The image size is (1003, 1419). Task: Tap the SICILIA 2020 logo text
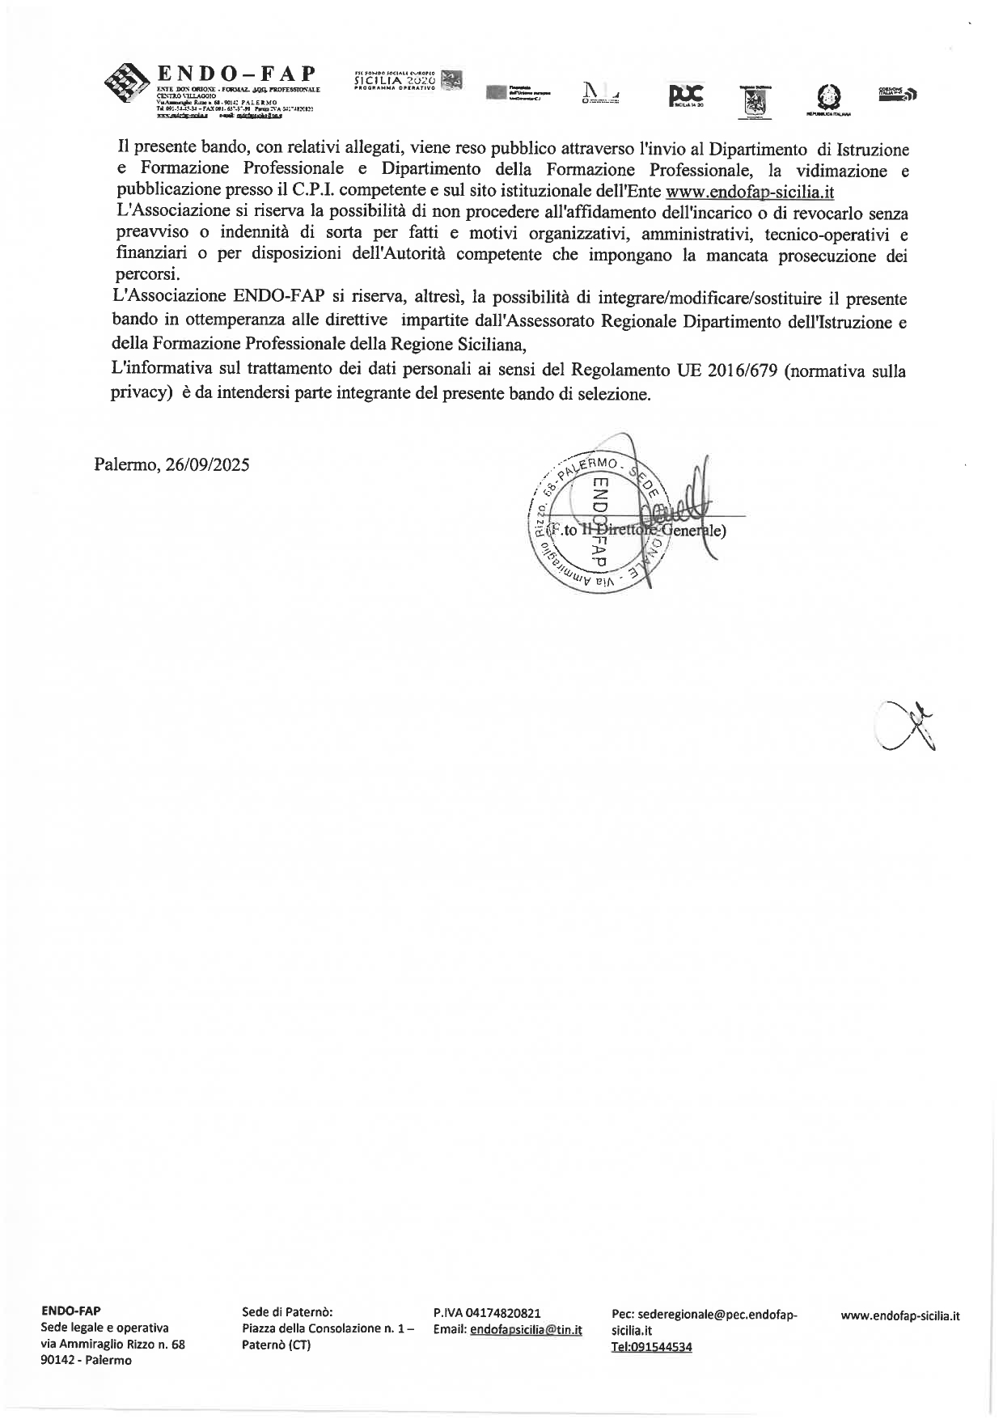pyautogui.click(x=396, y=81)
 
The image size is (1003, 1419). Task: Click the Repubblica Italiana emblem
pyautogui.click(x=828, y=98)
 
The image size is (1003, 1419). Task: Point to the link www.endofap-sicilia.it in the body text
pyautogui.click(x=749, y=193)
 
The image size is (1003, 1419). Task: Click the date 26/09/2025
pyautogui.click(x=207, y=464)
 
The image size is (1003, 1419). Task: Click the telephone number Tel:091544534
pyautogui.click(x=651, y=1347)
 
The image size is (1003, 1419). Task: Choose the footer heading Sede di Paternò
pyautogui.click(x=287, y=1312)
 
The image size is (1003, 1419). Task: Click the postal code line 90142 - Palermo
pyautogui.click(x=86, y=1360)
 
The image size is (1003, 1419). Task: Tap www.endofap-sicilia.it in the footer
pyautogui.click(x=900, y=1315)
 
